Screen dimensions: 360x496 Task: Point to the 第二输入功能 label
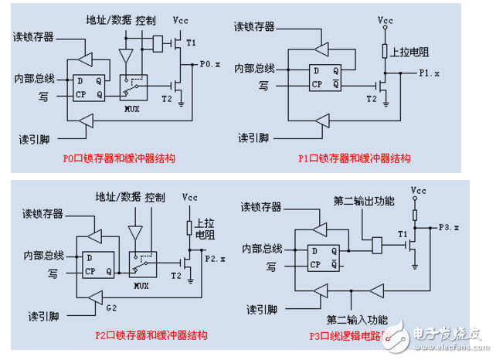352,318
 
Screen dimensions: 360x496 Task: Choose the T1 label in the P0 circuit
192,41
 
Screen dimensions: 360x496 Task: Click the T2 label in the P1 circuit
372,99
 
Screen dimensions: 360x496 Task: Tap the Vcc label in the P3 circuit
419,189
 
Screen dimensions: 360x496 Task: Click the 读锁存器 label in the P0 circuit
32,36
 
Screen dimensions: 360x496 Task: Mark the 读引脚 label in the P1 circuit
253,138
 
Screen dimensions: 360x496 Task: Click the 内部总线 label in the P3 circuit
260,248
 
